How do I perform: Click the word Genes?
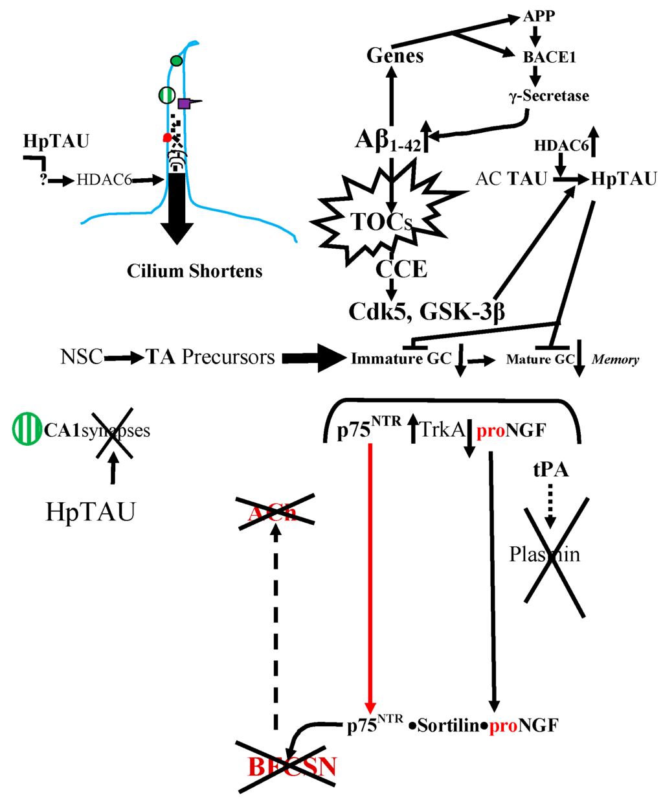(x=395, y=56)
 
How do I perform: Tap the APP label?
(x=539, y=16)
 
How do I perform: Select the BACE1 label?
(x=549, y=57)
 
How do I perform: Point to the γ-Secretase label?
(x=548, y=96)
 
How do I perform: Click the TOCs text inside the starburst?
(x=381, y=222)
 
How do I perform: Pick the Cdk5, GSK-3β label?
(x=427, y=312)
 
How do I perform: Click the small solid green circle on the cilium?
(x=176, y=61)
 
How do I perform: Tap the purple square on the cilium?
(x=185, y=103)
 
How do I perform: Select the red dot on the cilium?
(x=167, y=137)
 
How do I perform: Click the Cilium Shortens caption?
(x=194, y=271)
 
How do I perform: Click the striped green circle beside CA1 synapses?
(x=27, y=430)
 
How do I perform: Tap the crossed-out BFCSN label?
(x=292, y=767)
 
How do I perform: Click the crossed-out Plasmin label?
(x=545, y=555)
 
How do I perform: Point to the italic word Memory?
(x=615, y=360)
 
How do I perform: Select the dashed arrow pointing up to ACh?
(x=276, y=628)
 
